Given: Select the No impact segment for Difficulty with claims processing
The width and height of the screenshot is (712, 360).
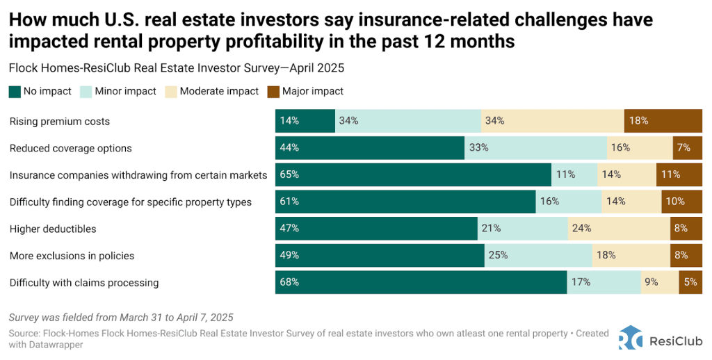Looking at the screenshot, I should (421, 283).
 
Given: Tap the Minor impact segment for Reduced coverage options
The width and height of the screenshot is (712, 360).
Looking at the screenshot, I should (535, 148).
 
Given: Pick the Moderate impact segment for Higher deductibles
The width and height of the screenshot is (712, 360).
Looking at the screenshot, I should (619, 229).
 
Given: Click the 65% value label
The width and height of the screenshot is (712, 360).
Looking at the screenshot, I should (289, 175).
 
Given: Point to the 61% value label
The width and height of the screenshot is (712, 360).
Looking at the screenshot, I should (289, 202).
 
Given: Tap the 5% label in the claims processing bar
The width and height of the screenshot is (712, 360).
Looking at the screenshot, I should (690, 283).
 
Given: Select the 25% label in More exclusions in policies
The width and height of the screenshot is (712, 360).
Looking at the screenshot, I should (498, 256).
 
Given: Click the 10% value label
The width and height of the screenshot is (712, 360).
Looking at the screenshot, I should (675, 202).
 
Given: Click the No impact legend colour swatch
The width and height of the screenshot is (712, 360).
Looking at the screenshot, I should (15, 91).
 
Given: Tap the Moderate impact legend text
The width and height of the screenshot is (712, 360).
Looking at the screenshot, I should (219, 91).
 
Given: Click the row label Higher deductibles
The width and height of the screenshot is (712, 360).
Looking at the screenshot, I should (53, 229).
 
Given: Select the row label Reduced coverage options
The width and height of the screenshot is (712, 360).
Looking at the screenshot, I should (70, 148).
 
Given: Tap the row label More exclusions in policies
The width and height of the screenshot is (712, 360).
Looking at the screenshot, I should (72, 256).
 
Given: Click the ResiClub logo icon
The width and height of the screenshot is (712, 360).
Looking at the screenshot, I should (631, 337).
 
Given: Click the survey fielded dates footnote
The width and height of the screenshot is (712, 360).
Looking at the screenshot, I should (121, 317).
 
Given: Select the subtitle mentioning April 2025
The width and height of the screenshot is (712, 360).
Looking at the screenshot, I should (177, 68).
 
